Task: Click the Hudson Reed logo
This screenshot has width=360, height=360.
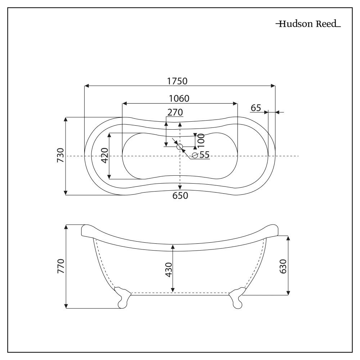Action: click(x=308, y=24)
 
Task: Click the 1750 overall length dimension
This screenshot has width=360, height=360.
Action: click(x=177, y=81)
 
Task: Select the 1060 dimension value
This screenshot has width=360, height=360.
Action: click(x=179, y=98)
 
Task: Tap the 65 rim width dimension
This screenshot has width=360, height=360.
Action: click(x=256, y=108)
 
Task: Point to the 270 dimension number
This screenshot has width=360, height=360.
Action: click(x=175, y=112)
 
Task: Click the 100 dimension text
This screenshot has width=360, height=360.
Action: click(x=201, y=140)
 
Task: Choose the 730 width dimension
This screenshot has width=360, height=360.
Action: click(x=60, y=155)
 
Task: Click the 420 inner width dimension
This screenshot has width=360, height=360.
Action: click(x=104, y=155)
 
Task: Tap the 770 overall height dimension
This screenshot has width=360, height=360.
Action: click(x=60, y=266)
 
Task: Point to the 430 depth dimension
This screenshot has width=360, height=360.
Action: click(x=168, y=269)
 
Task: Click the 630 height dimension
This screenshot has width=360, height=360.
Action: click(x=283, y=266)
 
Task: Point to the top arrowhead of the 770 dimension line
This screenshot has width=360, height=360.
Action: click(x=66, y=227)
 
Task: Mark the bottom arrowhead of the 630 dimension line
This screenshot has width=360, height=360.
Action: click(x=288, y=293)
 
